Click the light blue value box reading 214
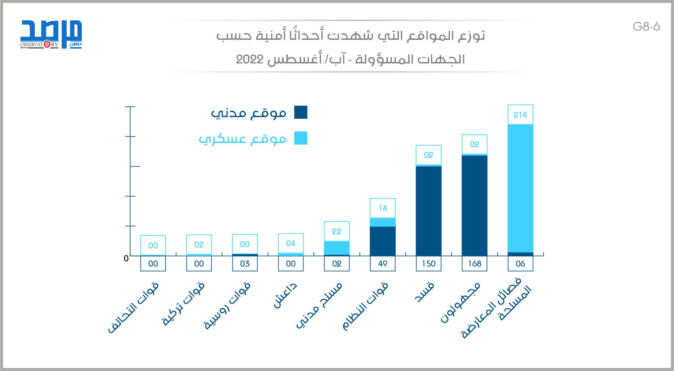[520, 115]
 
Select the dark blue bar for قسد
[428, 210]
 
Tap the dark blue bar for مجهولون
[474, 205]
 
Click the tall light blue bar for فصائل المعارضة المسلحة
[520, 188]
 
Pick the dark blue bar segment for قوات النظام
[382, 241]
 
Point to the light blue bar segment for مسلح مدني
[337, 248]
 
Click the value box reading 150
[428, 264]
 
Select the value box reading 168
[474, 264]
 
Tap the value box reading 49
[382, 264]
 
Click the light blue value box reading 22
[337, 231]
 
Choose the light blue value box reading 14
[382, 208]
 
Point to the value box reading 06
[520, 264]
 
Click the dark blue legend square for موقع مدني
[301, 112]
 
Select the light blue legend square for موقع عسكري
[301, 138]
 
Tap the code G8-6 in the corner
[646, 27]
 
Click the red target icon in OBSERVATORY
[47, 44]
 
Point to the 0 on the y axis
[126, 258]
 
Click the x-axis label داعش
[285, 295]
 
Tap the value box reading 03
[245, 264]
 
